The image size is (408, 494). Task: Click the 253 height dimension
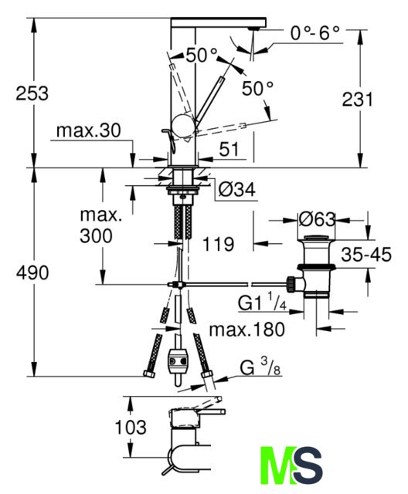point(32,93)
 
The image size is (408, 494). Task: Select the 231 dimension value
point(357,100)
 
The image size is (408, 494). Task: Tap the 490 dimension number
point(32,272)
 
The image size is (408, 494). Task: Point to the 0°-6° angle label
point(315,32)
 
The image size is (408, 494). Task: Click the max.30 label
point(89,130)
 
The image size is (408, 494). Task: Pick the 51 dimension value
point(229,149)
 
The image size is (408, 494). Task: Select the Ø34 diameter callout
point(237,190)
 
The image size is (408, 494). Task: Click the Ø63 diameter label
point(317,219)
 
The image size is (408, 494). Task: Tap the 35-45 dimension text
point(366,254)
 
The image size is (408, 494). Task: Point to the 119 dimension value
point(219,244)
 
